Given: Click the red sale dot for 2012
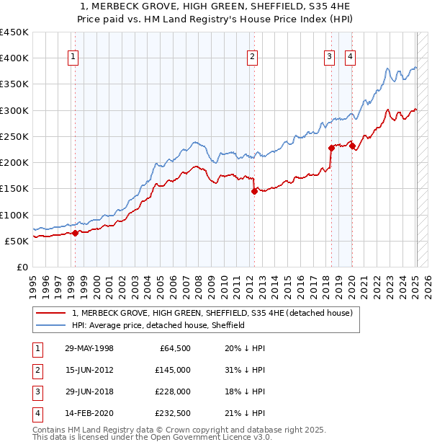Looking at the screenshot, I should (x=254, y=191).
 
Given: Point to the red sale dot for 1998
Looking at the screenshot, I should (x=75, y=233).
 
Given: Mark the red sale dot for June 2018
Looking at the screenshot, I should (x=331, y=148).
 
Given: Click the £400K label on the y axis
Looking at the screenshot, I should (x=14, y=58).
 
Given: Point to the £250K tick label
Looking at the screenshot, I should (x=14, y=136).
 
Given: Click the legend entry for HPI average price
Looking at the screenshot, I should (x=158, y=325).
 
